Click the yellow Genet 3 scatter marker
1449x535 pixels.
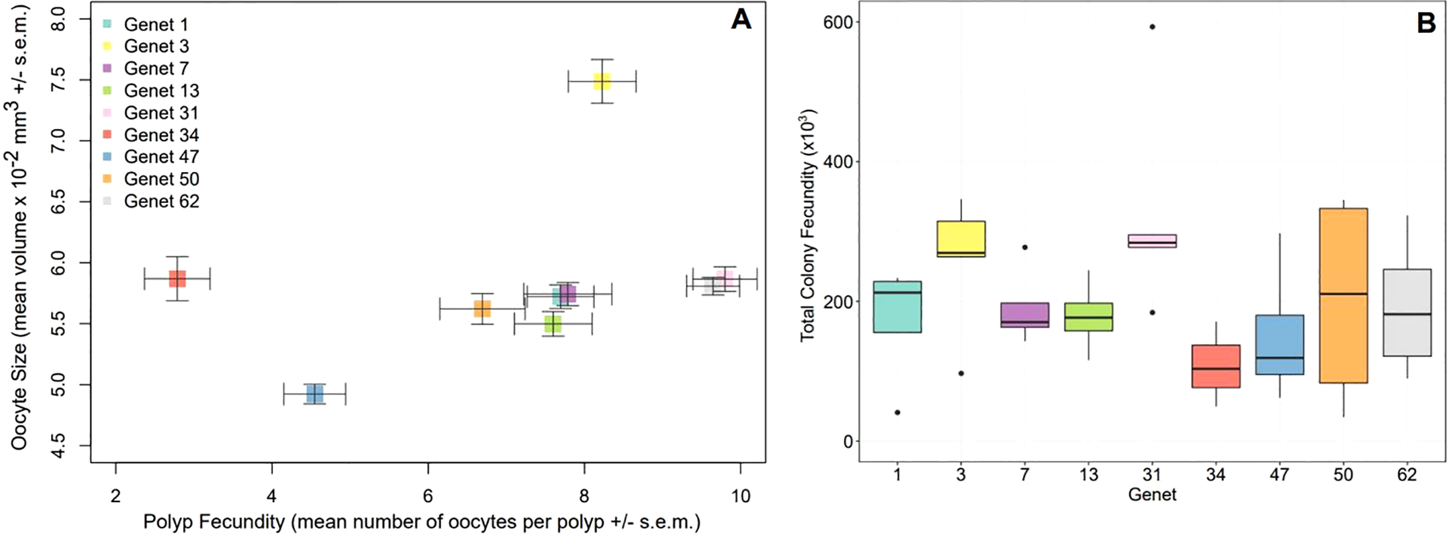[x=602, y=81]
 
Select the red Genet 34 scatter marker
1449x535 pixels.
[x=177, y=279]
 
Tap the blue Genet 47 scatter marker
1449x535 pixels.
[x=314, y=395]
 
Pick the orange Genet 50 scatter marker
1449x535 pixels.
[x=482, y=309]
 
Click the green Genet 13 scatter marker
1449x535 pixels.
[x=553, y=324]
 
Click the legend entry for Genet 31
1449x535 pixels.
[x=161, y=113]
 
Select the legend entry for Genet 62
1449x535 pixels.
[x=161, y=201]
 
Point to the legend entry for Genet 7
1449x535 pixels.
[x=156, y=69]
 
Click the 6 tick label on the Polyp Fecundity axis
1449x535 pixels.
[x=428, y=497]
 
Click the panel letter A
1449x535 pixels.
[x=741, y=20]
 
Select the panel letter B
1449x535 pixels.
[x=1426, y=23]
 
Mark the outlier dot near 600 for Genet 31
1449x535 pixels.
[x=1152, y=27]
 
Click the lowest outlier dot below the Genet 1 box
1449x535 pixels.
[x=897, y=413]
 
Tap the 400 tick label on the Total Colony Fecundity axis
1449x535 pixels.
[x=838, y=162]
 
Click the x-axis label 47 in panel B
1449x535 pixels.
[x=1279, y=475]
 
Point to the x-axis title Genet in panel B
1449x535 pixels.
[x=1152, y=495]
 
